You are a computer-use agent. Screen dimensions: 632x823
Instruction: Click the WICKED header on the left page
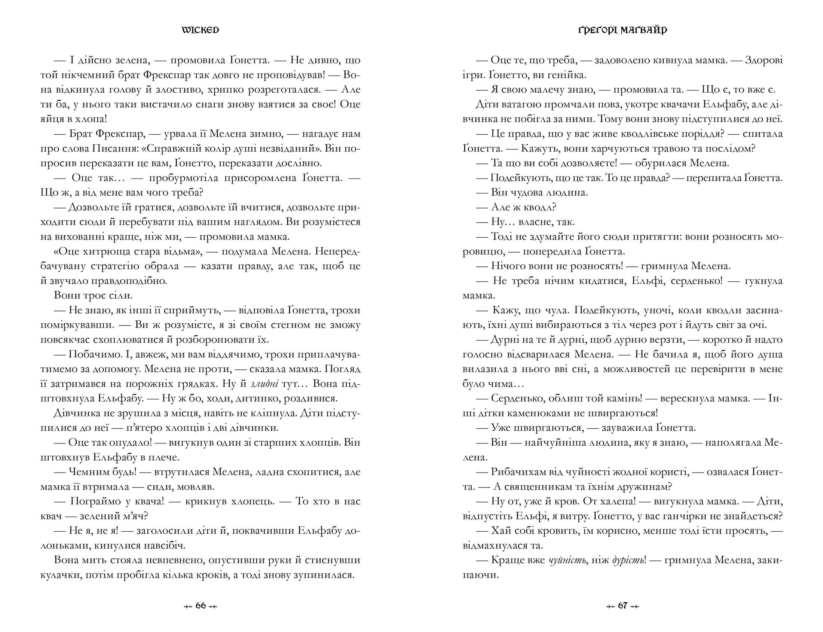point(200,30)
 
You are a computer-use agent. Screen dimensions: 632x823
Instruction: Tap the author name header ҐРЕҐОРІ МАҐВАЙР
point(622,30)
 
